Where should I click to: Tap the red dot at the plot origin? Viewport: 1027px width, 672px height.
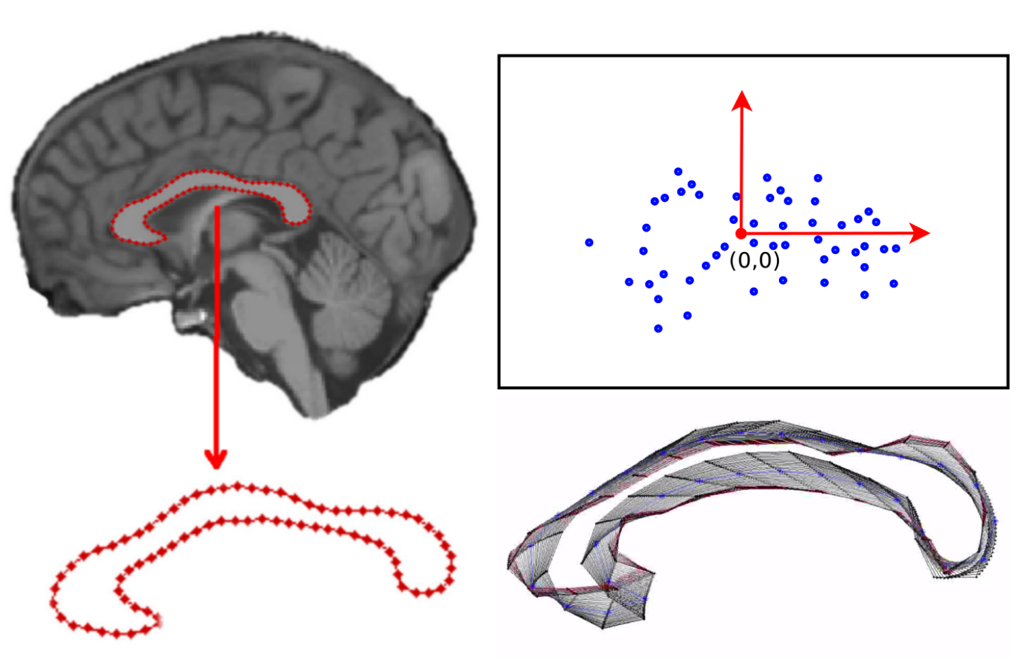pyautogui.click(x=741, y=234)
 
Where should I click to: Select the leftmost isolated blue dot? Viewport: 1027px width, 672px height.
pyautogui.click(x=589, y=242)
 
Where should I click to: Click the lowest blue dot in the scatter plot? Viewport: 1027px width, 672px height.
pyautogui.click(x=658, y=328)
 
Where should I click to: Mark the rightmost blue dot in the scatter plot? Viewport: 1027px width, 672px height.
pyautogui.click(x=896, y=249)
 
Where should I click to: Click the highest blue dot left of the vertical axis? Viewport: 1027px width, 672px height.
pyautogui.click(x=678, y=171)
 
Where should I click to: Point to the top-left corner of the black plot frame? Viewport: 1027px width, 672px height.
pyautogui.click(x=499, y=56)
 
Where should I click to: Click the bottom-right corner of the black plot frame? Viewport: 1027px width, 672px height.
pyautogui.click(x=1008, y=387)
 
